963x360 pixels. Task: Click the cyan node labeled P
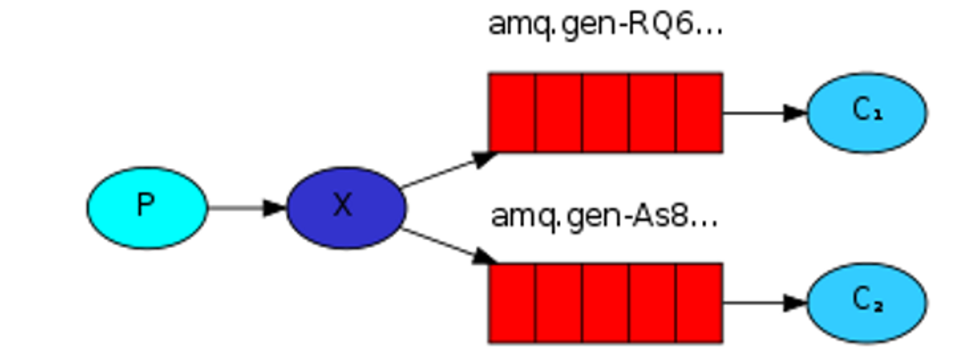(147, 207)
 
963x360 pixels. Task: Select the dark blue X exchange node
(345, 207)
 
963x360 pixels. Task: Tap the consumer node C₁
(866, 112)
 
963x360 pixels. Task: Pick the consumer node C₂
(866, 302)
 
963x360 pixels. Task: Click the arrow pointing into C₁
(765, 113)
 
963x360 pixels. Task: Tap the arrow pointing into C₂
(765, 303)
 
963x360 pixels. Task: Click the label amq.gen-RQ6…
(605, 25)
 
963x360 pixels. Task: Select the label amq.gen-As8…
(604, 216)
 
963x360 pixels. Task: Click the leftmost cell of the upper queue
(511, 112)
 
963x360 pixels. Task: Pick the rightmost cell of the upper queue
(698, 112)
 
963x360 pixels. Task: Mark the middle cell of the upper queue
(605, 112)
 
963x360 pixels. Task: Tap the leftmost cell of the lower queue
(511, 302)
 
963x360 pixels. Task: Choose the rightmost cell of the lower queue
(698, 302)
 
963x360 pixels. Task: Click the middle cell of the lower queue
(605, 302)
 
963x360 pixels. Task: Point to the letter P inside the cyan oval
(146, 206)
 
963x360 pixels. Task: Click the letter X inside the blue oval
(344, 206)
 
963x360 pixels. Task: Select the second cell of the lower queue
(559, 302)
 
